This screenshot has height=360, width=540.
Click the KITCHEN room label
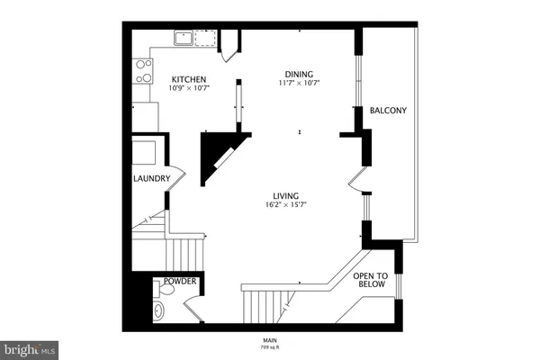189,78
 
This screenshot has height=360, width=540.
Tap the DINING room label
300,73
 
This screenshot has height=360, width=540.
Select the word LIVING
287,195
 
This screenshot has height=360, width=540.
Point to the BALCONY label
388,111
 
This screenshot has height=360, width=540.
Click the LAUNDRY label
151,178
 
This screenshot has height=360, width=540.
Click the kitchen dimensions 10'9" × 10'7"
189,88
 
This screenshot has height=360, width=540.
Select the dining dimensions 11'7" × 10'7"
300,83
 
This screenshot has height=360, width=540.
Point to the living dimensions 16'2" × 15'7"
287,205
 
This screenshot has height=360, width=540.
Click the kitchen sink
183,38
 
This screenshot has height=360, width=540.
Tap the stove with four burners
142,71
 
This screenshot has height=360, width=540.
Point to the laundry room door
175,176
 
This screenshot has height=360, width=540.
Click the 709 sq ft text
270,346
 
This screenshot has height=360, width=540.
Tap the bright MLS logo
30,347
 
